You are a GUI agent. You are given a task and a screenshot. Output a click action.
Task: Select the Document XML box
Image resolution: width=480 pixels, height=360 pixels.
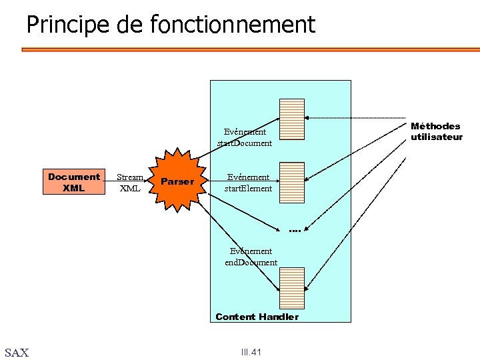(74, 182)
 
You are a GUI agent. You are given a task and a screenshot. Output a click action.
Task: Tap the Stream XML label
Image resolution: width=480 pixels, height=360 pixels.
(130, 182)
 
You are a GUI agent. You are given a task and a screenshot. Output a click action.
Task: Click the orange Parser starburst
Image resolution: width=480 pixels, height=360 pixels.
(177, 181)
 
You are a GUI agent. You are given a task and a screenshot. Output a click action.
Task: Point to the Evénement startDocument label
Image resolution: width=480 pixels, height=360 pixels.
(245, 137)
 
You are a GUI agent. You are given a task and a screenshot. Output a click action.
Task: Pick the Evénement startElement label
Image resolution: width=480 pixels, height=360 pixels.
(248, 183)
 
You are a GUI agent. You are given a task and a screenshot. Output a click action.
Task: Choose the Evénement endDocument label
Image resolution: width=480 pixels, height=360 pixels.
(251, 257)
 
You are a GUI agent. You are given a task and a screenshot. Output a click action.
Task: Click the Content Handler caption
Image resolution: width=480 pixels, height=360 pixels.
(257, 317)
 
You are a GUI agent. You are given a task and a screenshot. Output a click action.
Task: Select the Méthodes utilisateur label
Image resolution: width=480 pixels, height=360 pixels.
(436, 131)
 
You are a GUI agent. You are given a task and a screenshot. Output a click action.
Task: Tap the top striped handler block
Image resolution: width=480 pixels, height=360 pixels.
(292, 118)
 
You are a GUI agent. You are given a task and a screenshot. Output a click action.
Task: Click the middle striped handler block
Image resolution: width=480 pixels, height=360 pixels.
(292, 182)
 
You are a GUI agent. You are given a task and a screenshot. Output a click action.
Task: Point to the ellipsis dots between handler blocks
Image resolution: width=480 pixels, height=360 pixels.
(295, 231)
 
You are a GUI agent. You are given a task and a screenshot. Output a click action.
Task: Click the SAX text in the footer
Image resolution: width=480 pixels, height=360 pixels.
(17, 353)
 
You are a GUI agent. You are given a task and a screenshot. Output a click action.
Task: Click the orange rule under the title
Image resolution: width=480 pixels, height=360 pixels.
(250, 49)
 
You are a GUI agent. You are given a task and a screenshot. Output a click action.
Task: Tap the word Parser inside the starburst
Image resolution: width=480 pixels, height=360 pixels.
(177, 181)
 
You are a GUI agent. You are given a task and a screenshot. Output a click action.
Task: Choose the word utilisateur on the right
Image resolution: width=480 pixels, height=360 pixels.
(436, 137)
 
